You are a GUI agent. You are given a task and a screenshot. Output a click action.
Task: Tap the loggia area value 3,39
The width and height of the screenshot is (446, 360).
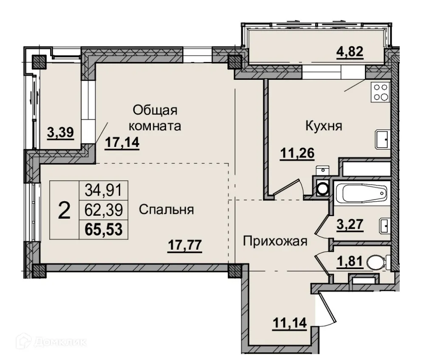click(x=60, y=133)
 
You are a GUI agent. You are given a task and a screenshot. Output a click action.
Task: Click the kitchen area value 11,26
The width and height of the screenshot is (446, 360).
click(x=297, y=153)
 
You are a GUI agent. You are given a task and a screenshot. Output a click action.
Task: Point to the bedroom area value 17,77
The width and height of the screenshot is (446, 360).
click(x=184, y=245)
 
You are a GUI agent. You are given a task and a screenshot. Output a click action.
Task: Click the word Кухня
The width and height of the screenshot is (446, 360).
click(x=323, y=126)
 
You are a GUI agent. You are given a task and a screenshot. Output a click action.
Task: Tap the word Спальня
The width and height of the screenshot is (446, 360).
click(x=166, y=210)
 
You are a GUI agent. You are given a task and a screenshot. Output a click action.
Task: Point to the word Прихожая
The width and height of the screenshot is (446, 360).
click(x=274, y=242)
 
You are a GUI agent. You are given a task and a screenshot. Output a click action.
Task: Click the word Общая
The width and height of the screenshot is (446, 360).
click(x=154, y=110)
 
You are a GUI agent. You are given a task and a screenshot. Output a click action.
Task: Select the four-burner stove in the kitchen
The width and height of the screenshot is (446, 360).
click(x=381, y=92)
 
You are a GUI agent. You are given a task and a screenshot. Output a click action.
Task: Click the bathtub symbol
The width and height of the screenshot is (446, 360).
click(x=361, y=195)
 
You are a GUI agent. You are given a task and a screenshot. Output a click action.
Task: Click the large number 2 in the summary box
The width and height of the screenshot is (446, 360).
click(x=64, y=210)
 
